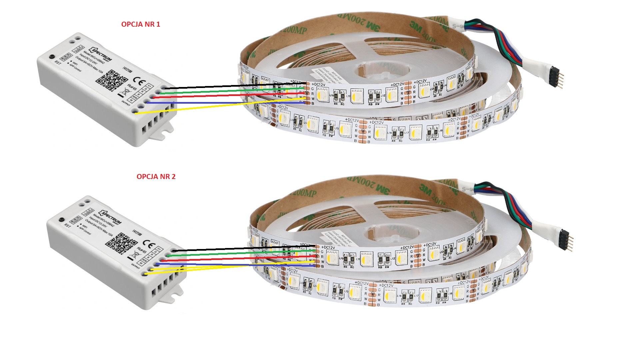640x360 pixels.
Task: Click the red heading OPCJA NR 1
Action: point(141,24)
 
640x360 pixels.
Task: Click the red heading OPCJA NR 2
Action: point(156,177)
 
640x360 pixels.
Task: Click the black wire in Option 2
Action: point(233,249)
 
